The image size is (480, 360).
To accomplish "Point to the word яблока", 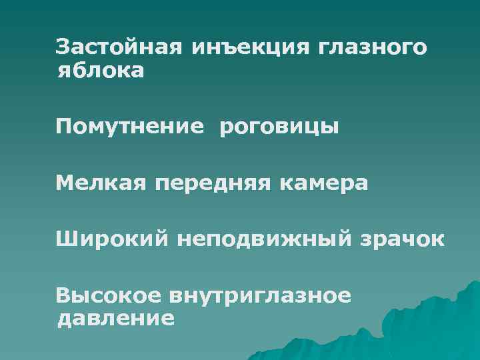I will point(100,69).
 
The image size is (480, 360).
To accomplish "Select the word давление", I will point(116,317).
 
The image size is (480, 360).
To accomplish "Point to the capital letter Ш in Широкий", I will point(65,237).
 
